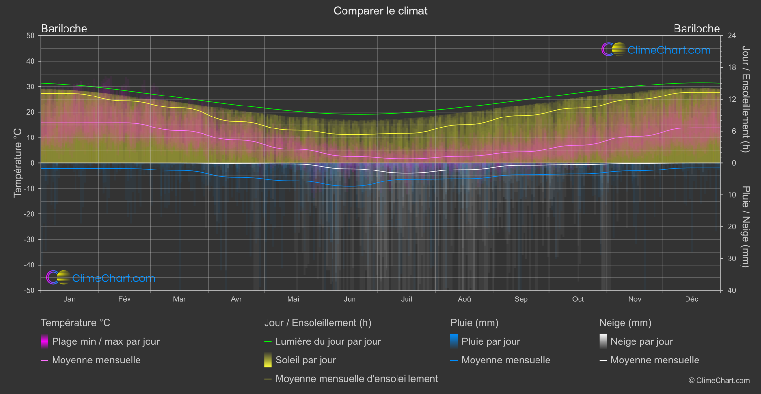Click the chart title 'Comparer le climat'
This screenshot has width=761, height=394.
(x=380, y=11)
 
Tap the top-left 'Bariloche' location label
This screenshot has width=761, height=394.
(x=64, y=29)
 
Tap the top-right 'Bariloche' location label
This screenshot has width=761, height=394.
(x=696, y=29)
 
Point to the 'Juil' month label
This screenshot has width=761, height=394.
(x=407, y=299)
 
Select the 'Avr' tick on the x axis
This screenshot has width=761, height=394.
(x=236, y=299)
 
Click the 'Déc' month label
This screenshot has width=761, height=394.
(x=691, y=299)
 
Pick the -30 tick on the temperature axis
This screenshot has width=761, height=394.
(x=30, y=240)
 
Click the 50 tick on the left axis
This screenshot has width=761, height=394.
(x=31, y=36)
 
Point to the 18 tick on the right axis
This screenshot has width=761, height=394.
(x=732, y=68)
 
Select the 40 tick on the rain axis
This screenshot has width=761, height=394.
(x=732, y=290)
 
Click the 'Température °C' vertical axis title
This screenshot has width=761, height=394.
(x=18, y=162)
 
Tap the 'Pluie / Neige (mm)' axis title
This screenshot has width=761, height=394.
(x=745, y=226)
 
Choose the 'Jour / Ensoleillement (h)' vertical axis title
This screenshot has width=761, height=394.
(x=745, y=99)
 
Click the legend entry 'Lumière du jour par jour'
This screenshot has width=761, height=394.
(x=328, y=341)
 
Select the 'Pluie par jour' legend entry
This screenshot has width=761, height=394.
(x=491, y=341)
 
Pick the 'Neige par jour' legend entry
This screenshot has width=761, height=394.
(x=642, y=341)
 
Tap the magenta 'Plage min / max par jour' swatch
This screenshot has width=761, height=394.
(x=44, y=341)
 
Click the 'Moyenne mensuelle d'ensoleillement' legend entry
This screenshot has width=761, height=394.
(x=356, y=379)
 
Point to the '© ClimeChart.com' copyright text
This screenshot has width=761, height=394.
(x=719, y=381)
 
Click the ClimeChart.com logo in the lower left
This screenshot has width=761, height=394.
(x=101, y=278)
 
